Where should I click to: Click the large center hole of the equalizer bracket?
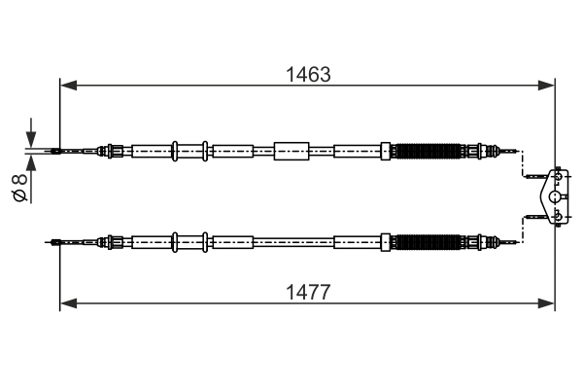click(x=555, y=195)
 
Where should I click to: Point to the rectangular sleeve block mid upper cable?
click(x=291, y=151)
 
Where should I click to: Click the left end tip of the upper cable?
click(x=54, y=151)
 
